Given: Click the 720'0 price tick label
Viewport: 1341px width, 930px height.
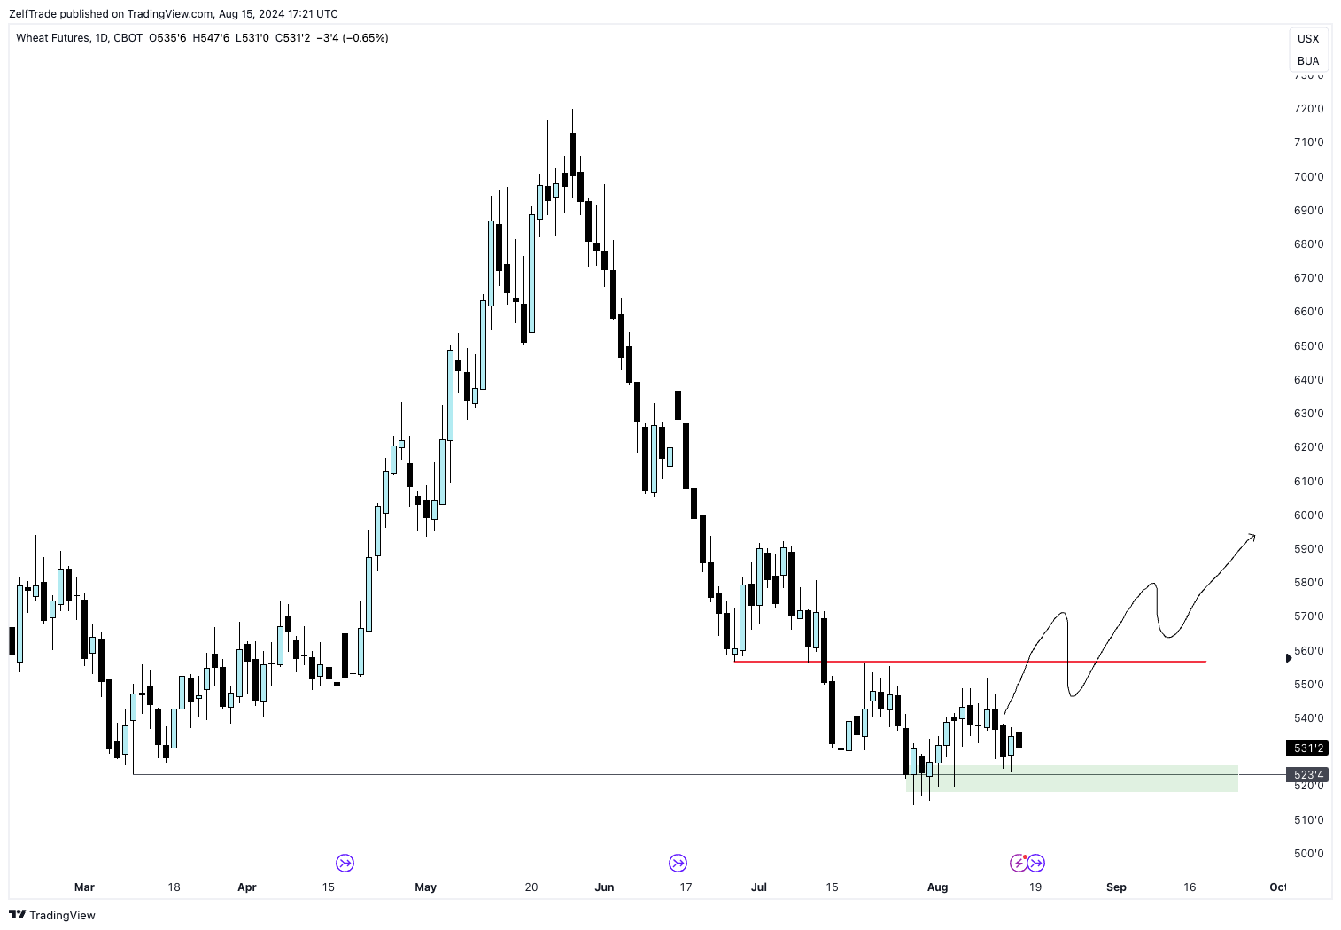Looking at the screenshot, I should [1308, 109].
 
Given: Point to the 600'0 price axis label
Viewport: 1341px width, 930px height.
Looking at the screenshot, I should [1308, 515].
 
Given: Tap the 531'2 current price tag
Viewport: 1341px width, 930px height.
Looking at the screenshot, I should [1308, 748].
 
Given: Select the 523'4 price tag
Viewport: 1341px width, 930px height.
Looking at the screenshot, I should [1308, 775].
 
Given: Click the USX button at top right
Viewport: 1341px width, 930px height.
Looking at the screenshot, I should [1308, 39].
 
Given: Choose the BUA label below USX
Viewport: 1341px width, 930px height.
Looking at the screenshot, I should [1308, 61].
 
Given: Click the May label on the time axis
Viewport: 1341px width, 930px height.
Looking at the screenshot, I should [426, 887].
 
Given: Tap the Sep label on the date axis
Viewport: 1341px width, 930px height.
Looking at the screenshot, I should [1116, 887].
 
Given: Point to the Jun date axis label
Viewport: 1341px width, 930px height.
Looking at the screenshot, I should [604, 887].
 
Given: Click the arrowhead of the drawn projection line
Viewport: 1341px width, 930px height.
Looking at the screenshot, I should [1252, 536].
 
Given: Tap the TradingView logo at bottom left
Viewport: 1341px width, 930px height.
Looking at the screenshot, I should [52, 915].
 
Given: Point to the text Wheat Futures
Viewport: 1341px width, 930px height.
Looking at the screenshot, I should [52, 38].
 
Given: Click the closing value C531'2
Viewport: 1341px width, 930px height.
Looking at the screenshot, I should [292, 38].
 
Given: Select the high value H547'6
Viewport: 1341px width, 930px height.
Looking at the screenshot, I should [211, 38].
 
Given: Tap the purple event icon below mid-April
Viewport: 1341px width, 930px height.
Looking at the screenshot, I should [345, 863].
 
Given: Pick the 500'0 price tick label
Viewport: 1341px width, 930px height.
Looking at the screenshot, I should [1308, 854].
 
